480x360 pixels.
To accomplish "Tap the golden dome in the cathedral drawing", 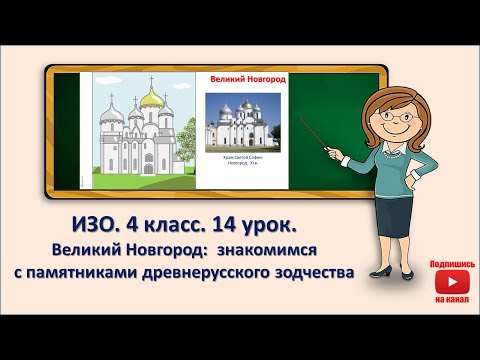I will coord(152,99).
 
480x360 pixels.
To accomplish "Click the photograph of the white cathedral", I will coord(243,126).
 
